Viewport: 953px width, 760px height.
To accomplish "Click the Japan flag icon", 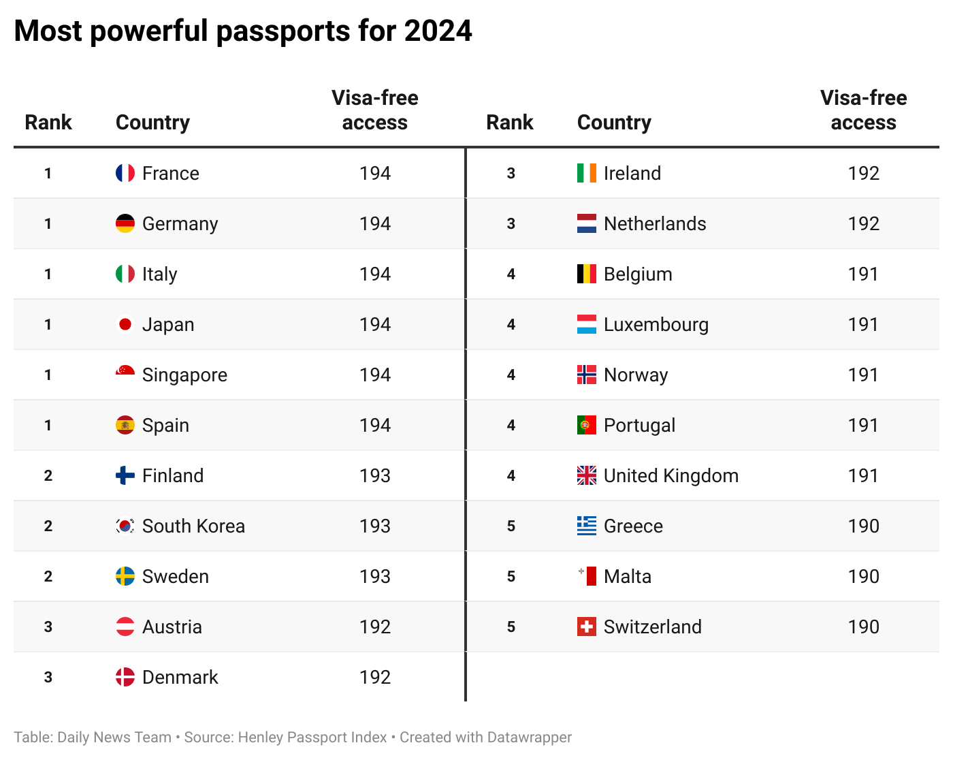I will [x=125, y=324].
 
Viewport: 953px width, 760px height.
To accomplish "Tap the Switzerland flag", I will [x=586, y=627].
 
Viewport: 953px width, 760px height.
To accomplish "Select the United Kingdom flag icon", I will [x=586, y=475].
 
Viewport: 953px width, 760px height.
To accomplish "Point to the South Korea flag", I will [x=125, y=526].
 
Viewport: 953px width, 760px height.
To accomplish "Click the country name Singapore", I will [x=184, y=375].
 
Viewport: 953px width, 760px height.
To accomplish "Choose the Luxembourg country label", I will [x=656, y=325].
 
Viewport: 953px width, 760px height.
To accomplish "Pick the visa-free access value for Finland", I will [x=374, y=475].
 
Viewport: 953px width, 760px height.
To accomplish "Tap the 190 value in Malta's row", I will [x=863, y=576].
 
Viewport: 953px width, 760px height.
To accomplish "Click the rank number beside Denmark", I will [x=48, y=677].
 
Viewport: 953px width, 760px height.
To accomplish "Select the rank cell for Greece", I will [x=511, y=526].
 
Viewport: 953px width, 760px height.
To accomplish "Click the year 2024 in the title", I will [x=438, y=31].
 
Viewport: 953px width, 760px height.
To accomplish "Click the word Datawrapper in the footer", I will [x=529, y=738].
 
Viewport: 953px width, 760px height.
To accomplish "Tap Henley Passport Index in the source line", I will [x=312, y=738].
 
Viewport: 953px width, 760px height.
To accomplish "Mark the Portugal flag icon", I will [x=586, y=425].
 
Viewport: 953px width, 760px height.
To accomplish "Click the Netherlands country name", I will [x=654, y=224].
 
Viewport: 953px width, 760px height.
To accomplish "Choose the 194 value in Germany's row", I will [x=374, y=223].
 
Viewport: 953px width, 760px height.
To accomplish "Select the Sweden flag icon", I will [x=125, y=576].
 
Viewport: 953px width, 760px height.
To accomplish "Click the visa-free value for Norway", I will [x=863, y=375].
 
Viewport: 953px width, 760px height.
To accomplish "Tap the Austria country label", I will [x=172, y=627].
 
